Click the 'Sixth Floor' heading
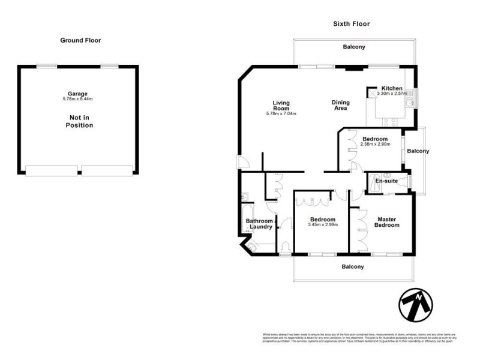pyautogui.click(x=352, y=24)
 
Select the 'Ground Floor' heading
pyautogui.click(x=80, y=40)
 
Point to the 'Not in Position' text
pyautogui.click(x=80, y=121)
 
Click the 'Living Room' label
pyautogui.click(x=281, y=106)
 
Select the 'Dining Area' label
pyautogui.click(x=341, y=106)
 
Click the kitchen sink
pyautogui.click(x=409, y=104)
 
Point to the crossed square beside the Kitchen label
pyautogui.click(x=372, y=93)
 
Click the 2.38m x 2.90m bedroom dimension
pyautogui.click(x=375, y=144)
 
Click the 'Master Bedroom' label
pyautogui.click(x=387, y=222)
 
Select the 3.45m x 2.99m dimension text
pyautogui.click(x=323, y=225)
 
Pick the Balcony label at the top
pyautogui.click(x=354, y=47)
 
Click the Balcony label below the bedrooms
pyautogui.click(x=353, y=266)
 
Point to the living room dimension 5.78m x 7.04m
pyautogui.click(x=281, y=113)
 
